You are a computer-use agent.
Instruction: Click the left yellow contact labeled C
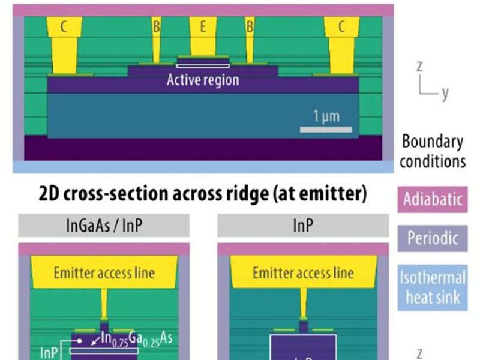(63, 42)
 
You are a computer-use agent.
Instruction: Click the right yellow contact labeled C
(341, 42)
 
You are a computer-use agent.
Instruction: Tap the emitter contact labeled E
(203, 36)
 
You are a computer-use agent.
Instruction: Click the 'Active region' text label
(203, 80)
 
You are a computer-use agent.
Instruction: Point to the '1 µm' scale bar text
(326, 116)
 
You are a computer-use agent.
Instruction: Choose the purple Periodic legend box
(433, 238)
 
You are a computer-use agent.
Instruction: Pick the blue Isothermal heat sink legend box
(433, 287)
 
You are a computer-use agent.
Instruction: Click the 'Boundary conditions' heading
(433, 151)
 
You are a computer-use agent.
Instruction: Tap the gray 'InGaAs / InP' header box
(104, 226)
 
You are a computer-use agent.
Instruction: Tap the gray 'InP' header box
(302, 226)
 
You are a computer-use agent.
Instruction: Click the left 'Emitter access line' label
(104, 273)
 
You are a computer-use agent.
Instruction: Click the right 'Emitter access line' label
(302, 273)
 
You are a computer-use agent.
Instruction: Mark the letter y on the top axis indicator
(445, 94)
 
